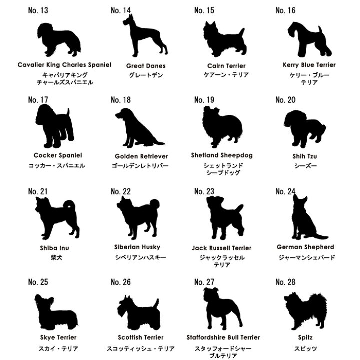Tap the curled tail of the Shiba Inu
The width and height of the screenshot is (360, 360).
[69, 205]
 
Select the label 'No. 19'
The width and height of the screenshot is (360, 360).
[204, 100]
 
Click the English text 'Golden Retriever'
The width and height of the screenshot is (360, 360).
[141, 156]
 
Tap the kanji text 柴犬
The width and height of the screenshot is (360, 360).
[56, 257]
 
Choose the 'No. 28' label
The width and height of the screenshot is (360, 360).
[285, 282]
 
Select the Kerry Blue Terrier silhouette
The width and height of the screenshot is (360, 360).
[309, 39]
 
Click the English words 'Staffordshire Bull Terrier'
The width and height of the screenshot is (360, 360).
[223, 337]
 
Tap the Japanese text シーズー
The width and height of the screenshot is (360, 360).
[305, 166]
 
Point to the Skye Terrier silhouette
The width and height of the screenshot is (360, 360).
[56, 312]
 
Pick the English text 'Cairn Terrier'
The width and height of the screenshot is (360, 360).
[226, 66]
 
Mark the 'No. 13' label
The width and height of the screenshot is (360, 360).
[38, 10]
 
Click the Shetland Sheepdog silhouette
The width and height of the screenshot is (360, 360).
[222, 126]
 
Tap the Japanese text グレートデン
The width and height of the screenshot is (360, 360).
[146, 75]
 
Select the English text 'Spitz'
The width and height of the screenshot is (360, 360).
[305, 337]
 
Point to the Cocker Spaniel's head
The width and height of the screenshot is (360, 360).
[45, 115]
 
